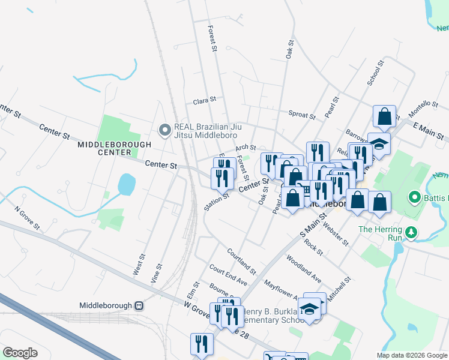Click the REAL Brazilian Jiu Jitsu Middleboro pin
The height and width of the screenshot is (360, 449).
pos(164,130)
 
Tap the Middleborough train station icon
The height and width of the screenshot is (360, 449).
pos(139,305)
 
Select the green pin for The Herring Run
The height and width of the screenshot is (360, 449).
pos(411,232)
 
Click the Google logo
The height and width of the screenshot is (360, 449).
pos(20,353)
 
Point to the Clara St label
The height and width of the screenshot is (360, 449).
pos(204,101)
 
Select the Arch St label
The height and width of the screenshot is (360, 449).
pos(246,147)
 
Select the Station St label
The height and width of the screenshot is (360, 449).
pos(217,198)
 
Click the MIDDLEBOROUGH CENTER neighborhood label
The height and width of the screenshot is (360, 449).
pos(104,148)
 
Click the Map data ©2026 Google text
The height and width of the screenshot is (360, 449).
pos(412,355)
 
